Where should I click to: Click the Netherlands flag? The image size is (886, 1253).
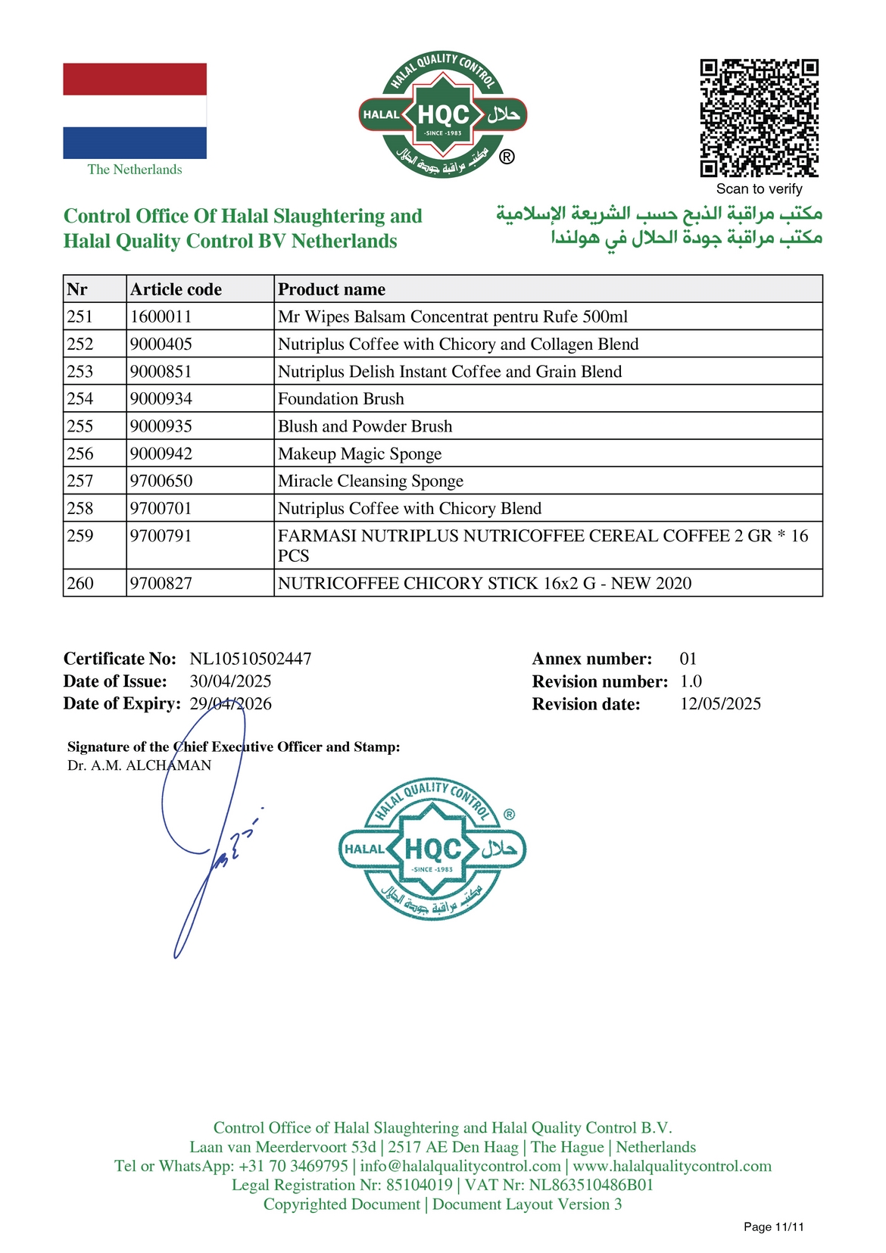point(135,111)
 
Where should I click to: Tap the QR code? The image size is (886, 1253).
point(759,117)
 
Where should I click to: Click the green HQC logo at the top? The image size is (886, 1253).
point(443,115)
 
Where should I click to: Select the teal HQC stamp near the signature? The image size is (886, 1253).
point(432,849)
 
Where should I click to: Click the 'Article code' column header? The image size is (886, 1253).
point(176,289)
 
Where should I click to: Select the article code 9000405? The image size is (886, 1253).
point(161,344)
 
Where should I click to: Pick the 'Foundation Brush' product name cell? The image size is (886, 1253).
point(341,399)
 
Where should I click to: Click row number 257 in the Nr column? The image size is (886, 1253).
point(80,481)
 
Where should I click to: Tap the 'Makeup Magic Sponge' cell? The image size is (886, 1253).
point(360,454)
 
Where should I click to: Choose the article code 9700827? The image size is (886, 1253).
point(161,583)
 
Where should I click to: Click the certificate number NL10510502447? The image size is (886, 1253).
point(251,659)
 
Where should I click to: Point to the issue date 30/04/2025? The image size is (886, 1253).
point(230,681)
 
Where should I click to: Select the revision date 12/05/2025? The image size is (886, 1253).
point(720,704)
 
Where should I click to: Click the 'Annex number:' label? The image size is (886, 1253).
point(591,659)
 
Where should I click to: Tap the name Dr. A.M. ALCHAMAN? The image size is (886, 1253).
point(139,765)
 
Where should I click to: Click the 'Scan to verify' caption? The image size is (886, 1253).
point(759,189)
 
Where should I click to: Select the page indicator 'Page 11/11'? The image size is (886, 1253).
point(773,1227)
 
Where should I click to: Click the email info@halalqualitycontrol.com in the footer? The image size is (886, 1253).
point(460,1166)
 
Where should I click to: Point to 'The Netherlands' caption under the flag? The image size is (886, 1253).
point(135,170)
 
